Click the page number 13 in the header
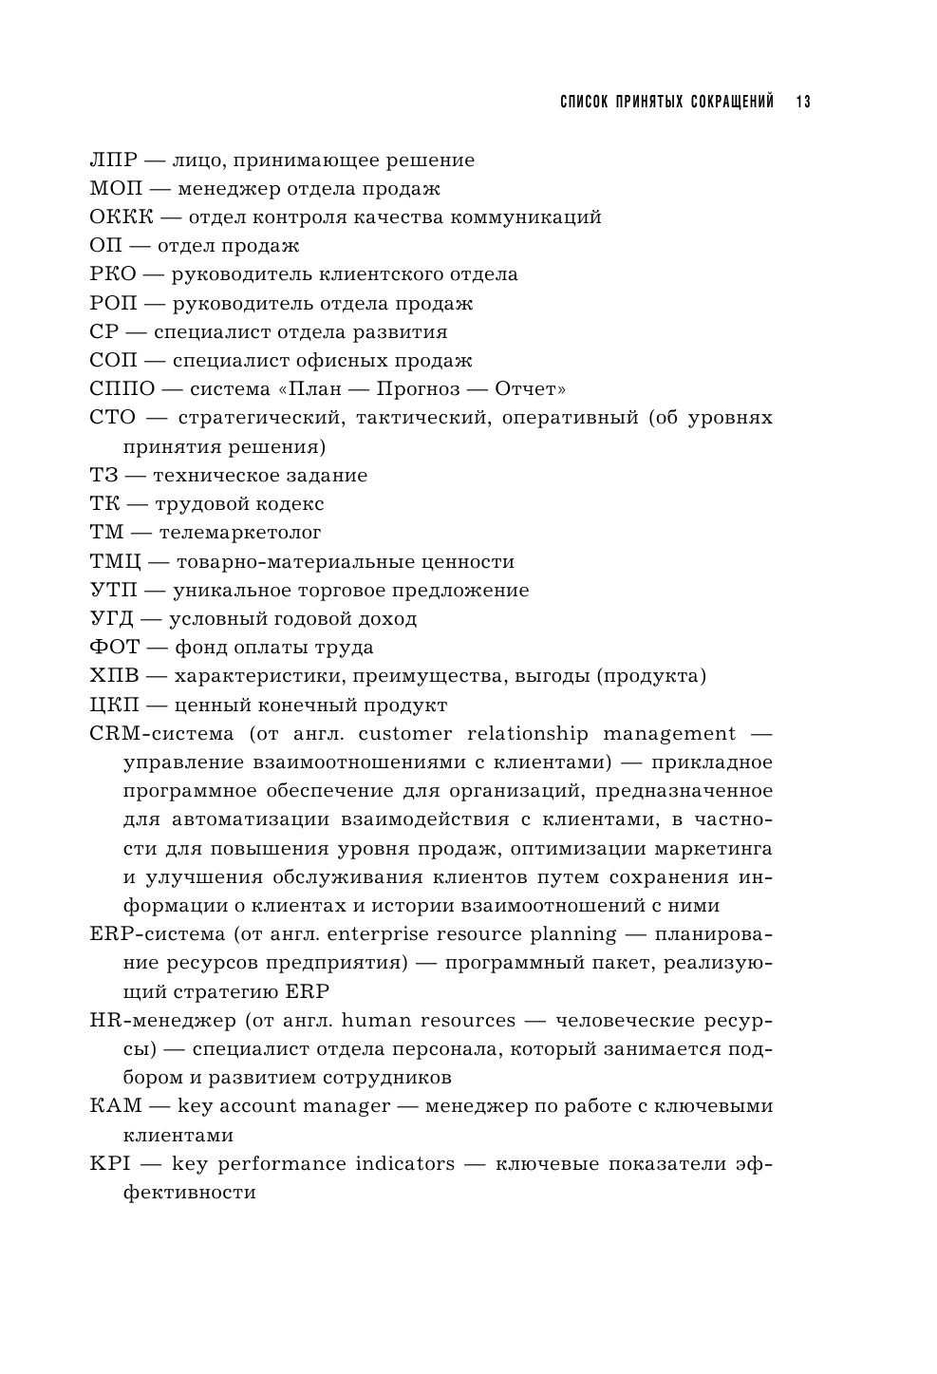(x=803, y=101)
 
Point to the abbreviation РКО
(x=113, y=274)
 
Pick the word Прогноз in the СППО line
(x=418, y=389)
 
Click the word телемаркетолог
(x=240, y=533)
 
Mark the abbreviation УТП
(x=114, y=590)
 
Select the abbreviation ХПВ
(x=114, y=676)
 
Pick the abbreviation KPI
(x=109, y=1164)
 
